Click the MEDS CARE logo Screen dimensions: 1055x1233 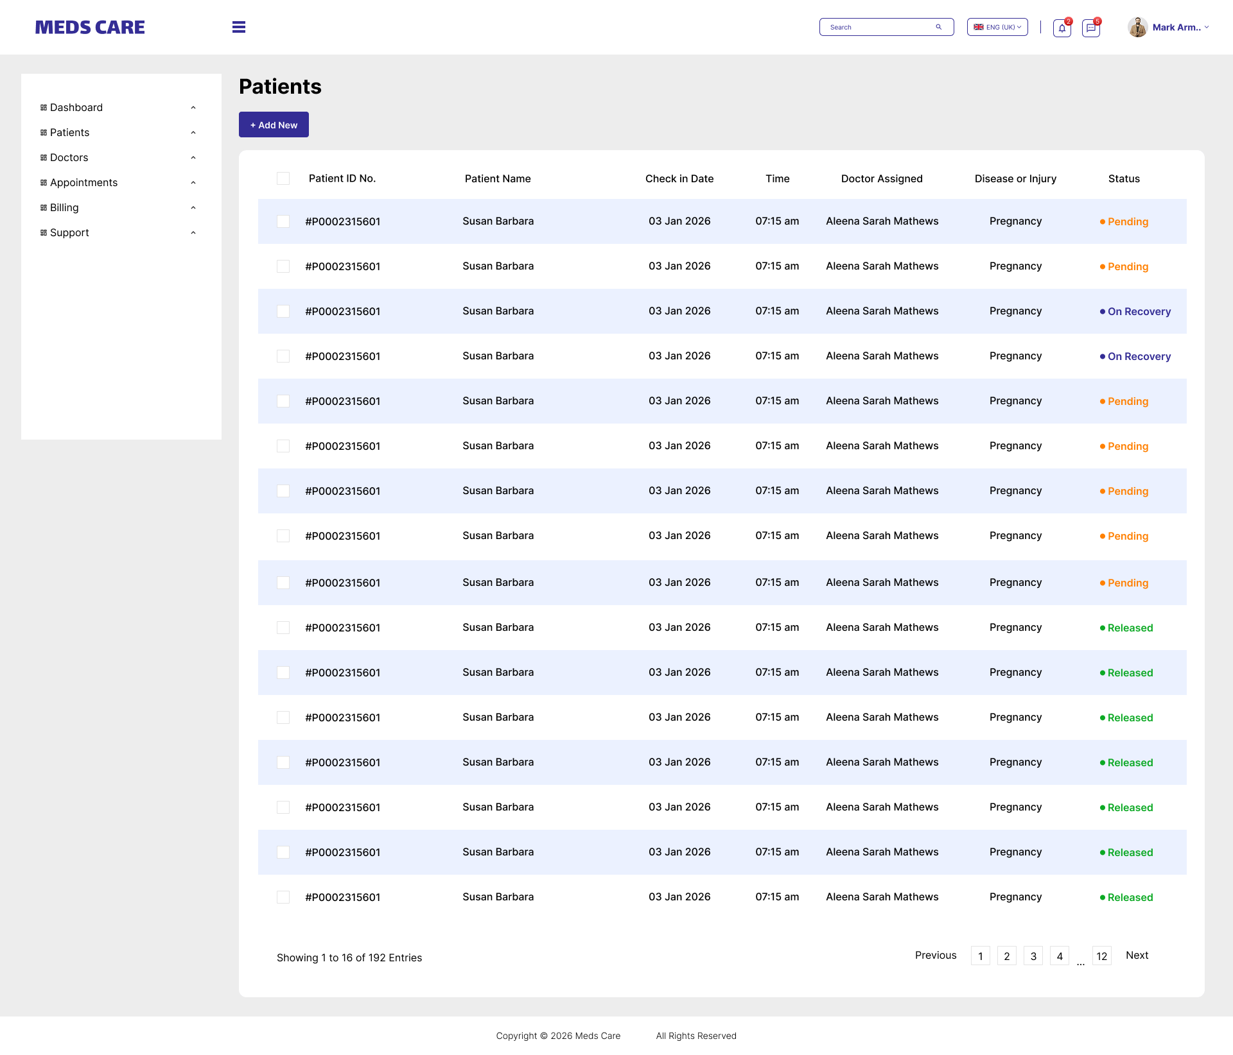pyautogui.click(x=90, y=27)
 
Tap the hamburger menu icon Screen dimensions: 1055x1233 pyautogui.click(x=239, y=27)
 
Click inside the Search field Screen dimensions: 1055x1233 pyautogui.click(x=880, y=27)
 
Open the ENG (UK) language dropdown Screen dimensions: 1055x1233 pyautogui.click(x=997, y=27)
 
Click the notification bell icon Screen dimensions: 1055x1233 pyautogui.click(x=1062, y=28)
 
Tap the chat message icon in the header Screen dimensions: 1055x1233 pyautogui.click(x=1091, y=28)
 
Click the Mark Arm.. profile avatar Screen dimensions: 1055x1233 pyautogui.click(x=1137, y=27)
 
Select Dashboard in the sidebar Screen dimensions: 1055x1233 pyautogui.click(x=76, y=107)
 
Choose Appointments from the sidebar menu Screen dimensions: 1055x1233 pyautogui.click(x=83, y=182)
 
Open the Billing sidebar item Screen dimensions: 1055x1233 pyautogui.click(x=64, y=207)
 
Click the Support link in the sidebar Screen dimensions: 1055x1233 pyautogui.click(x=69, y=232)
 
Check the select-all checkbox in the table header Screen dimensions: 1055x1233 pyautogui.click(x=283, y=178)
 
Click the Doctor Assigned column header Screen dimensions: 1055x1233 pyautogui.click(x=882, y=178)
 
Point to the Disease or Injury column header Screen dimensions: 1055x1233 pyautogui.click(x=1015, y=178)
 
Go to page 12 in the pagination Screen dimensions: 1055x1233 pyautogui.click(x=1102, y=956)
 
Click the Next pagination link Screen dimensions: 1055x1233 pyautogui.click(x=1137, y=956)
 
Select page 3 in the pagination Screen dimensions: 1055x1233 pyautogui.click(x=1033, y=956)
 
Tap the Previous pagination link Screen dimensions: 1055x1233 pyautogui.click(x=936, y=956)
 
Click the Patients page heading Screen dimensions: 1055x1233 pyautogui.click(x=280, y=87)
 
